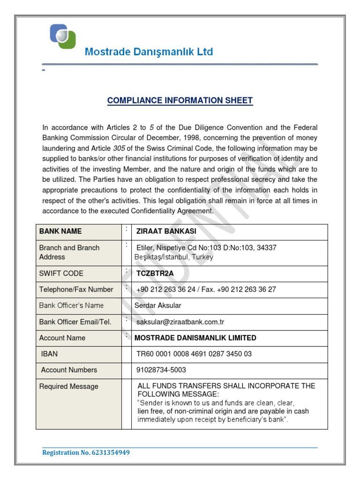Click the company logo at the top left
(x=63, y=36)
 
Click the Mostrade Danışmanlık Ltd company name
(x=149, y=52)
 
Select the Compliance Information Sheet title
(x=180, y=100)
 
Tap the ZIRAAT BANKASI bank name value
(x=166, y=232)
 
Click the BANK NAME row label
(x=60, y=232)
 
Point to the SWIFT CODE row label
(x=61, y=274)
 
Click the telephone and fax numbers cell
(x=206, y=290)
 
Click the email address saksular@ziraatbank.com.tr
(x=180, y=322)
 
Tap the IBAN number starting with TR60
(x=194, y=354)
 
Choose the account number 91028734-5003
(x=161, y=370)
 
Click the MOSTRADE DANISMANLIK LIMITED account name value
(x=195, y=338)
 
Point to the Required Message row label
(x=69, y=387)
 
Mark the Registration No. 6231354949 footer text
(x=86, y=453)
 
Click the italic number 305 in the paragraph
(x=119, y=148)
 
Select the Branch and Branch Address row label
(x=69, y=252)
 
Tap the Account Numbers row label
(x=69, y=370)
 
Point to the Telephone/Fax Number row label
(x=76, y=290)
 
